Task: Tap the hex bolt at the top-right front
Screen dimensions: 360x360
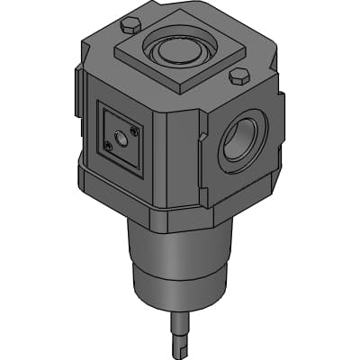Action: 239,76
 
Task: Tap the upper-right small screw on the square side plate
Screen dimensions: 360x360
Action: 135,131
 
